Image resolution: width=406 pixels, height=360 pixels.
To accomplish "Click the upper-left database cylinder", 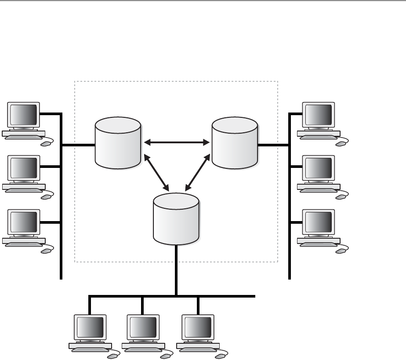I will pos(118,143).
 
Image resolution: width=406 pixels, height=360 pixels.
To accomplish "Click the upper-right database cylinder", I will pos(234,143).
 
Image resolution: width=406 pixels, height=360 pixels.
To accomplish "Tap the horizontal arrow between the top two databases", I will pos(176,142).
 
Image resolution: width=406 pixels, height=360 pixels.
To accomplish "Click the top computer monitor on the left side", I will pos(24,115).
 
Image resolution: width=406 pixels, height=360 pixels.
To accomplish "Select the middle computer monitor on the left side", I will pos(24,168).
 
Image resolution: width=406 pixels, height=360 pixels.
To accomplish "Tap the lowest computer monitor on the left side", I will pos(24,222).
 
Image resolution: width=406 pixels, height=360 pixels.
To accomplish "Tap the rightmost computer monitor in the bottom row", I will pos(198,327).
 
